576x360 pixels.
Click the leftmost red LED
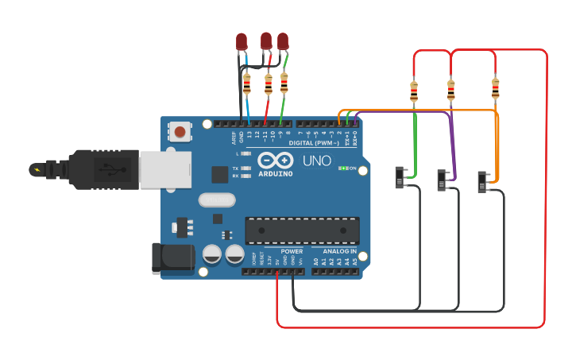point(242,41)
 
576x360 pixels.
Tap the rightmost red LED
point(283,41)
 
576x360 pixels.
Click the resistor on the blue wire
point(247,83)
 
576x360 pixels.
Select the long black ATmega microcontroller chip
point(302,230)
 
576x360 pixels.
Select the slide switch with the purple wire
point(443,180)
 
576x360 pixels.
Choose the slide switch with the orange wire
point(484,181)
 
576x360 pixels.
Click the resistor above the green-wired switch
point(414,91)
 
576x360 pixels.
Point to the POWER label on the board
point(292,251)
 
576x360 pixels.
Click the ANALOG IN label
point(339,251)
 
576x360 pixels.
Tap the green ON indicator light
point(343,168)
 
